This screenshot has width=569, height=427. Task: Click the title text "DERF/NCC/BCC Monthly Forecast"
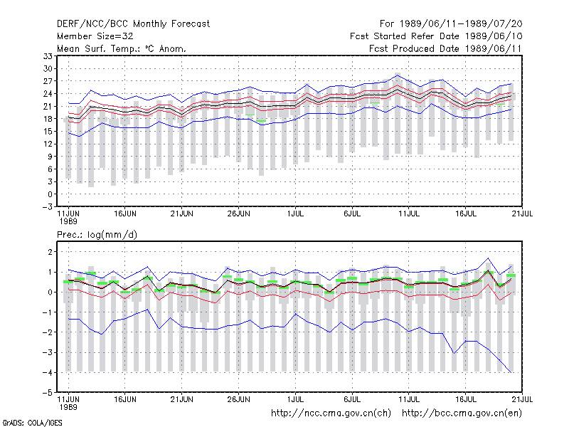click(133, 24)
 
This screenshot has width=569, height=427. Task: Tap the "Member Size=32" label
click(95, 36)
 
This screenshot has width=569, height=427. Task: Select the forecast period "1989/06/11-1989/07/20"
click(461, 24)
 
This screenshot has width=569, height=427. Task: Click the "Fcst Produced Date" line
click(445, 48)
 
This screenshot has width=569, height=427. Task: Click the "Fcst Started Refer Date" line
click(436, 36)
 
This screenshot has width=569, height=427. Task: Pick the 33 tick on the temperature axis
click(48, 56)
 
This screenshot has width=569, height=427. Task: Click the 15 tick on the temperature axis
click(48, 132)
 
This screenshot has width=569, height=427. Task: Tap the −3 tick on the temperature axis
click(47, 207)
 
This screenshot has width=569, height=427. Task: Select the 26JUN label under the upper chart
click(239, 214)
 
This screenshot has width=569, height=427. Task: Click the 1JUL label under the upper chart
click(295, 214)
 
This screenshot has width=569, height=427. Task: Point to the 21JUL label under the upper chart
click(522, 214)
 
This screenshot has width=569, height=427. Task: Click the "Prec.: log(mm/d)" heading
click(97, 235)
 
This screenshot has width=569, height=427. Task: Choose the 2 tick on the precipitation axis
click(50, 252)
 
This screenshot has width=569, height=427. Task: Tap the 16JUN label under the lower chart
click(125, 399)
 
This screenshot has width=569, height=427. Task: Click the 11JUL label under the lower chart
click(409, 399)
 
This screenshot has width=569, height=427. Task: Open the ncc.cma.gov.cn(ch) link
click(331, 413)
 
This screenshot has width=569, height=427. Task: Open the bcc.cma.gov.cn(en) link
click(462, 413)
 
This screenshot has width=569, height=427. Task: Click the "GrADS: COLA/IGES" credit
click(32, 423)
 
